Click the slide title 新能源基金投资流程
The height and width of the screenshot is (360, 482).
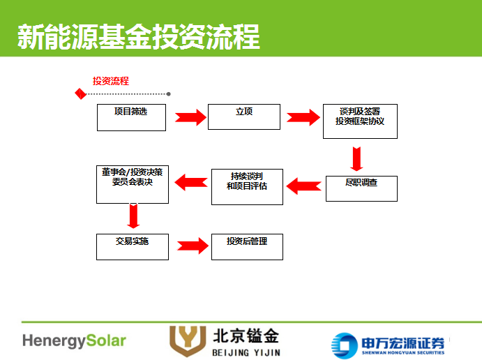[x=138, y=37]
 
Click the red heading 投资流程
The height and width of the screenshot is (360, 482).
[x=111, y=81]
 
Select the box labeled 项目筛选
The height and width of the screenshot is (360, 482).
[x=131, y=117]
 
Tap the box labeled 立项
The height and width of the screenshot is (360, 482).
[x=243, y=117]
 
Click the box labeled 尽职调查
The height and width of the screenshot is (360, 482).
[x=361, y=188]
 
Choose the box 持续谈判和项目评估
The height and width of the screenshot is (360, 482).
[x=247, y=186]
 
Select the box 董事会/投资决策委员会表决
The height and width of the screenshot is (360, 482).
[x=132, y=184]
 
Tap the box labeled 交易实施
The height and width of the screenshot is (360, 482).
[x=132, y=246]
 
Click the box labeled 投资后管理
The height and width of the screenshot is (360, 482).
[x=247, y=246]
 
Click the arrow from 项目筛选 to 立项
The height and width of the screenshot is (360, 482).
[x=187, y=117]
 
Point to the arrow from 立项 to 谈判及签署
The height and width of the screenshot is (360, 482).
[x=303, y=117]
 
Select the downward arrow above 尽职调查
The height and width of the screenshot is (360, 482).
[x=356, y=158]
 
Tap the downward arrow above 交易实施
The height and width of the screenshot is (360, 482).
[x=133, y=216]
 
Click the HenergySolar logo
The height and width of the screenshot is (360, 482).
[x=74, y=341]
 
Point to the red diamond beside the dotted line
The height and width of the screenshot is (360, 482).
[x=81, y=93]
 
